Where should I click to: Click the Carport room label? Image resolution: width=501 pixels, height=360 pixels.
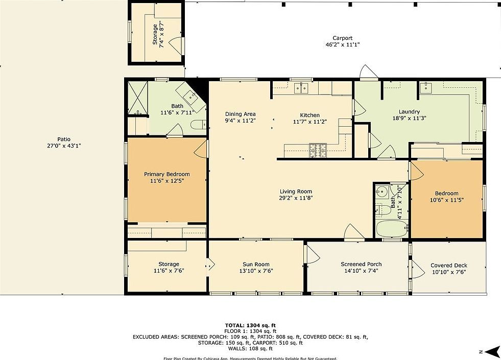pyautogui.click(x=343, y=38)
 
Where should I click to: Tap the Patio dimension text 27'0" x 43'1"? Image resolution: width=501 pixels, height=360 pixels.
pyautogui.click(x=64, y=146)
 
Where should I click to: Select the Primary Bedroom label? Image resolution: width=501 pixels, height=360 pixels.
pyautogui.click(x=166, y=174)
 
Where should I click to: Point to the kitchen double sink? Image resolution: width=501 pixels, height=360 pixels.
pyautogui.click(x=301, y=88)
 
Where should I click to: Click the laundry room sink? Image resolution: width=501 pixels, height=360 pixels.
pyautogui.click(x=426, y=88)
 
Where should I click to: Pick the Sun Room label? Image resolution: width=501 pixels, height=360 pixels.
pyautogui.click(x=255, y=265)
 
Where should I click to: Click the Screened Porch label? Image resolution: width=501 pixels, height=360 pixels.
pyautogui.click(x=361, y=265)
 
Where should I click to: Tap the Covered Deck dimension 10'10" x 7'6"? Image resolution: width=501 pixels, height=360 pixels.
pyautogui.click(x=448, y=272)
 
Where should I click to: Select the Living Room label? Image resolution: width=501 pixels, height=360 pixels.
pyautogui.click(x=295, y=191)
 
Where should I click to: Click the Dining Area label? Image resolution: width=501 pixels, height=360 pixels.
pyautogui.click(x=240, y=114)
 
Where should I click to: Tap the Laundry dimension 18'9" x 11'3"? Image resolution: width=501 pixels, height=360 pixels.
pyautogui.click(x=409, y=118)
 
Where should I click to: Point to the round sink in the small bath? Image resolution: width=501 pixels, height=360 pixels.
pyautogui.click(x=380, y=193)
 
